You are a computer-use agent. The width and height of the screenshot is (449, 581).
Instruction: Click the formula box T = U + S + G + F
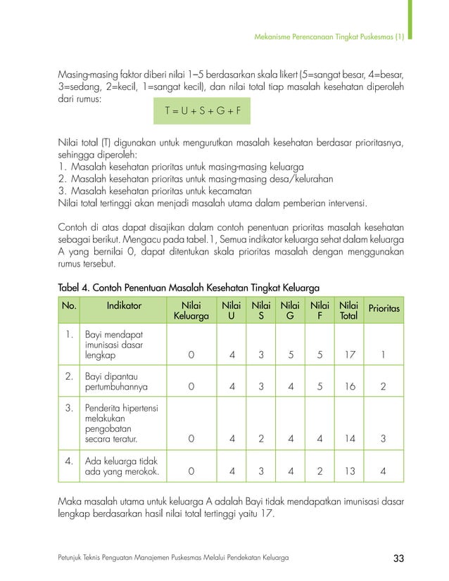pyautogui.click(x=202, y=111)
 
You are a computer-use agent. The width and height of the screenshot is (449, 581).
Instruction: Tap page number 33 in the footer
pyautogui.click(x=398, y=558)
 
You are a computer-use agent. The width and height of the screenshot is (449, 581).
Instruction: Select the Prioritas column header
pyautogui.click(x=384, y=309)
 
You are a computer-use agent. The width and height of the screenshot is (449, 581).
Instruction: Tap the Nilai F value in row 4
pyautogui.click(x=320, y=471)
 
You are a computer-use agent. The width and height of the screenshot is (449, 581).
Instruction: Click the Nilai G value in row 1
pyautogui.click(x=290, y=355)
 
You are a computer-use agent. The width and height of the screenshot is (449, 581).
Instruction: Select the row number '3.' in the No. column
pyautogui.click(x=70, y=408)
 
